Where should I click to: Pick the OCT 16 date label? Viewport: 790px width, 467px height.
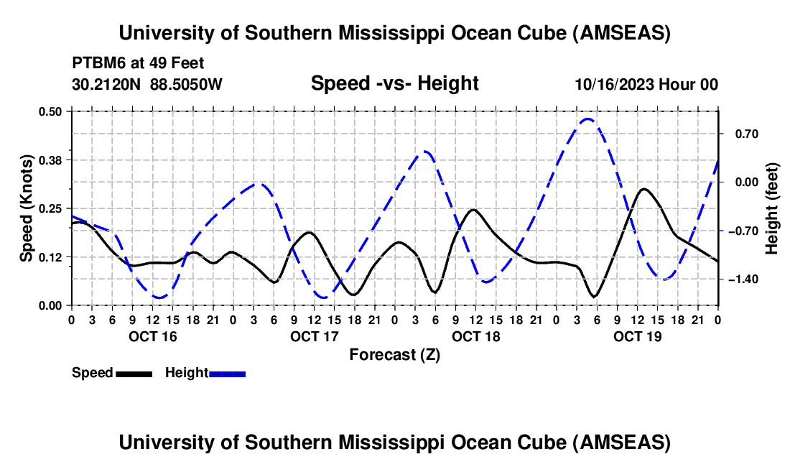152,336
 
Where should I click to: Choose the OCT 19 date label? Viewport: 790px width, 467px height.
637,336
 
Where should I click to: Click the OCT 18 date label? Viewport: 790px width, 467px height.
475,336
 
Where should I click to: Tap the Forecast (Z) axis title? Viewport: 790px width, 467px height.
394,354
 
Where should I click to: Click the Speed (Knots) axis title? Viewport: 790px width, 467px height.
27,208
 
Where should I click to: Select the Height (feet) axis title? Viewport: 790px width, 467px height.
772,208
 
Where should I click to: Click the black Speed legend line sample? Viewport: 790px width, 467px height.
134,374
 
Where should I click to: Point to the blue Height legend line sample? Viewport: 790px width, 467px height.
228,374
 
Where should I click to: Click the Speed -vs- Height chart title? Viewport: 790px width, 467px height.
394,83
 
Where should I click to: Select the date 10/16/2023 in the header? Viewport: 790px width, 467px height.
613,84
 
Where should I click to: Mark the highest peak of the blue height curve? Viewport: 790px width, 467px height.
588,119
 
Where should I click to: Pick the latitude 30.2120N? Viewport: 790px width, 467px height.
108,84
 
